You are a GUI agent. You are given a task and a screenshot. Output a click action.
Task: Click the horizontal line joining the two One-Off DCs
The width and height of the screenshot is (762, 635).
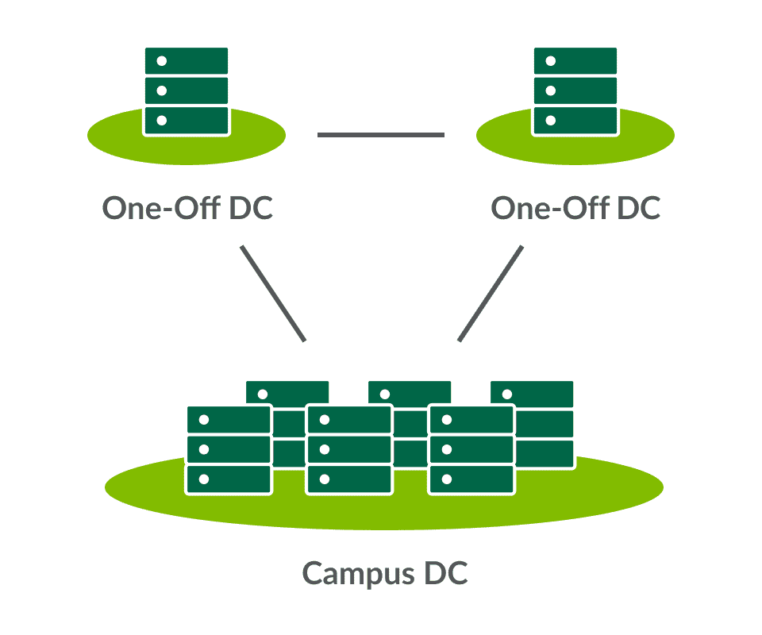381,135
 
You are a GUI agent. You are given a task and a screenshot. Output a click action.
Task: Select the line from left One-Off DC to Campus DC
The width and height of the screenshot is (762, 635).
272,294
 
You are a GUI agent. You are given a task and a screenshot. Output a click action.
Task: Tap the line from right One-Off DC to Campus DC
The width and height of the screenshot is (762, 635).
491,294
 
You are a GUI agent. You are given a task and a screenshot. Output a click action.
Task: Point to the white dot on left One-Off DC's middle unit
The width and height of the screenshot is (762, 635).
162,90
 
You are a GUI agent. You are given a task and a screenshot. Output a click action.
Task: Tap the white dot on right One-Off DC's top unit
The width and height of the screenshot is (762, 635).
551,61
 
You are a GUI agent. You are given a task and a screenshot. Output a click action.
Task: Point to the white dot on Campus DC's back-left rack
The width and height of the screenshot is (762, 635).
262,394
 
